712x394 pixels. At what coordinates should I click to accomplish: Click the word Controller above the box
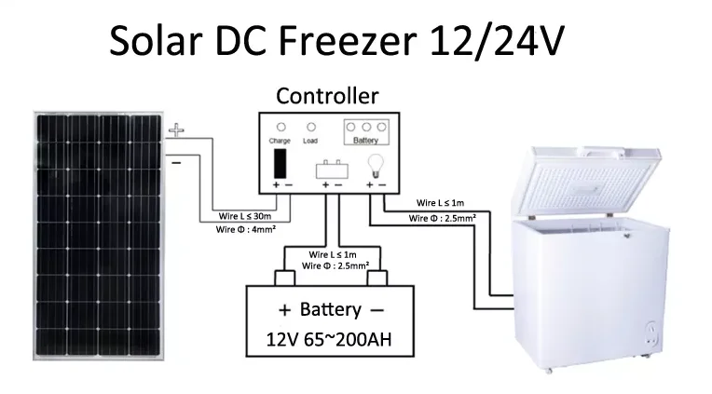[x=327, y=95]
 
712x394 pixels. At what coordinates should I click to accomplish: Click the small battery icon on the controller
[x=331, y=170]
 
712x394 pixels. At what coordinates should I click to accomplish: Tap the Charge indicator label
[x=280, y=141]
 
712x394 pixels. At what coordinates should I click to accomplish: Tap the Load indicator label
[x=310, y=141]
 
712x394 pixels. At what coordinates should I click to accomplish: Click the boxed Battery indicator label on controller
[x=365, y=141]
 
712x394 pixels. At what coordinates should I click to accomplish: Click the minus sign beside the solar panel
[x=176, y=162]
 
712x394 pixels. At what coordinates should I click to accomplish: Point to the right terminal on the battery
[x=377, y=278]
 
